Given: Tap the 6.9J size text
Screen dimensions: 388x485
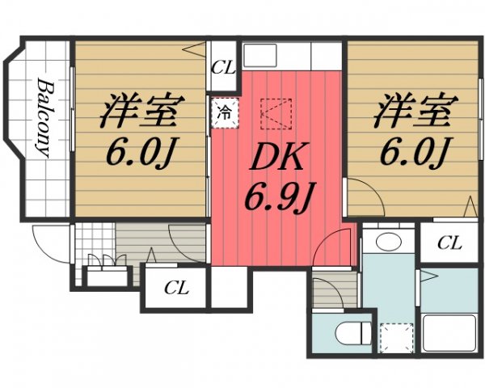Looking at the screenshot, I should (x=277, y=196).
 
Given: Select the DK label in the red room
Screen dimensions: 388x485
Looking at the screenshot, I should (x=276, y=158).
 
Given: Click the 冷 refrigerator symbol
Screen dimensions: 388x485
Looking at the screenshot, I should (x=226, y=112).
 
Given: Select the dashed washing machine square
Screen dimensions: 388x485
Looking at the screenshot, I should (x=395, y=335).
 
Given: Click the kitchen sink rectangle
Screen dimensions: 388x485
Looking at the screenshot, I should (x=274, y=57).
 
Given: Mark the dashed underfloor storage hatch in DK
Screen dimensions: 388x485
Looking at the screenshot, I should (x=276, y=114).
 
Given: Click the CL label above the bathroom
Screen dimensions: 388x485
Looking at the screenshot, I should (x=449, y=243).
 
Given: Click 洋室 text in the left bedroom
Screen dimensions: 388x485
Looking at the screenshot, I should (x=139, y=112).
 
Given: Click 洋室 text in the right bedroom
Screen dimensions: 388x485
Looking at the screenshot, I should (x=412, y=112).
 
